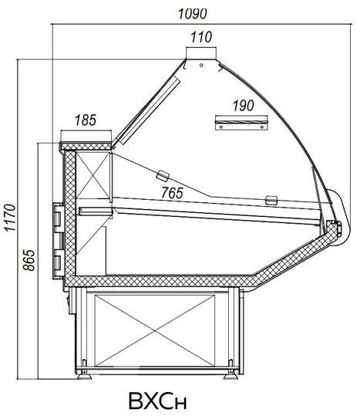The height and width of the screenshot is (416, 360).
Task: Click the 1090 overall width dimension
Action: [x=192, y=14]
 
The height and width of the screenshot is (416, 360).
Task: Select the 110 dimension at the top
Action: [x=201, y=37]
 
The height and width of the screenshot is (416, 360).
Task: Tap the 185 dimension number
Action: [x=86, y=120]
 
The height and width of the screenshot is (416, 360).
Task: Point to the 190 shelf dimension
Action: [x=243, y=105]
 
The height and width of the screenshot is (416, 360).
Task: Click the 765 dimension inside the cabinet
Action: [x=172, y=193]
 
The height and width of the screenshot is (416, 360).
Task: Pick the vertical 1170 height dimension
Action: [x=11, y=218]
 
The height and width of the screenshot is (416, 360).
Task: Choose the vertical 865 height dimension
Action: [x=29, y=260]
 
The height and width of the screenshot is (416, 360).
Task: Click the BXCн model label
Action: [x=158, y=401]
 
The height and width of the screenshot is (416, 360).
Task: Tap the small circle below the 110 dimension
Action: [x=201, y=65]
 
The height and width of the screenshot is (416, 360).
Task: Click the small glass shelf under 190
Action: [x=241, y=122]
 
